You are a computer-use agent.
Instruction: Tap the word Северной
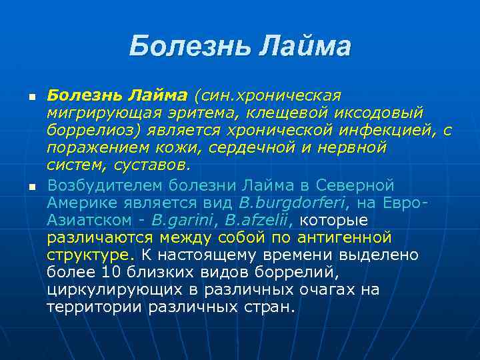click(x=355, y=185)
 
